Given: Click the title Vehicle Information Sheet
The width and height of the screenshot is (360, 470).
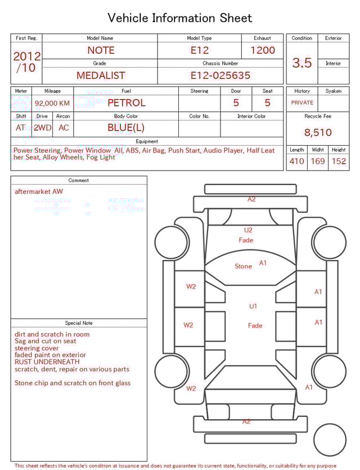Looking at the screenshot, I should tap(180, 18).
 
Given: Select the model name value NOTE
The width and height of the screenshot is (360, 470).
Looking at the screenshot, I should tap(101, 50).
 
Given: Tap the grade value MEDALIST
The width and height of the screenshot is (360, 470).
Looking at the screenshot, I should tap(101, 75).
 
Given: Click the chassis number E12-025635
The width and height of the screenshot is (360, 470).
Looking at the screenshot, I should tap(220, 75).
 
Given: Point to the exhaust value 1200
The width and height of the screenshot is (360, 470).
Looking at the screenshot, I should tap(263, 50).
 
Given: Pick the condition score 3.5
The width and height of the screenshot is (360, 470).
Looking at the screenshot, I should tap(302, 63).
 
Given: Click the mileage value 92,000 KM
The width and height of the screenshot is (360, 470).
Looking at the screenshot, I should tap(52, 104).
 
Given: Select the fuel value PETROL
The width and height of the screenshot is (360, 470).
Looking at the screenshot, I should tap(126, 103).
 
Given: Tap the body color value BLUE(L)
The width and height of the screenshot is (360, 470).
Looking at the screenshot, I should tap(126, 128).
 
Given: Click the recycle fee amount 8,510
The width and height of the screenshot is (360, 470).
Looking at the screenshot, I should tap(318, 133).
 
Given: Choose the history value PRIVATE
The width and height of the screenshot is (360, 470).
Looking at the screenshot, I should tap(302, 103).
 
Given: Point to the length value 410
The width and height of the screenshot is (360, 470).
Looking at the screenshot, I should tap(296, 162).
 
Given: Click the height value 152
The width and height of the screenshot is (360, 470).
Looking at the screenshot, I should tap(339, 162).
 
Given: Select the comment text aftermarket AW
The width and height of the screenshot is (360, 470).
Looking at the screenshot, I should tap(39, 191).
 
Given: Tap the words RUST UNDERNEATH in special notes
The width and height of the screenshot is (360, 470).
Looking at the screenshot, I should tap(47, 362).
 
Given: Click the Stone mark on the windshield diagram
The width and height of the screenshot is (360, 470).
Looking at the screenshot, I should tap(243, 266).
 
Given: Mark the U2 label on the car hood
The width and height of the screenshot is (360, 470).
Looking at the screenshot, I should tap(248, 230).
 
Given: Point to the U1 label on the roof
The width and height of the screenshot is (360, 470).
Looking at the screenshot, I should tap(253, 306).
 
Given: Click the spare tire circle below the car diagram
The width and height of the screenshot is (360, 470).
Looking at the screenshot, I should tap(330, 440).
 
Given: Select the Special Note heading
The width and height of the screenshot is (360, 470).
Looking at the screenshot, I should tap(79, 323).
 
